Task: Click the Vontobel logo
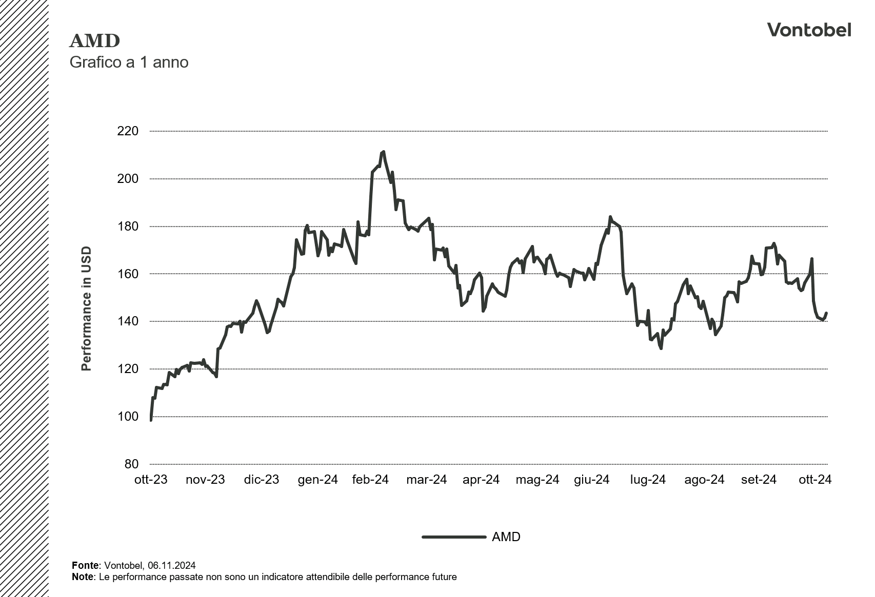point(809,30)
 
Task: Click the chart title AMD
point(94,40)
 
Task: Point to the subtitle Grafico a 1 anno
point(129,63)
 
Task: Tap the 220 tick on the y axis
point(128,131)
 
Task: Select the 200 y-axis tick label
point(128,179)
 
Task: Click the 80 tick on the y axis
point(131,464)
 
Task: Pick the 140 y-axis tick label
point(128,321)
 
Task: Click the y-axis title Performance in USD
point(86,308)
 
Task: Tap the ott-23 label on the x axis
point(151,480)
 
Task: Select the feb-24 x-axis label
point(370,480)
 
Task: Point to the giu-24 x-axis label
point(591,480)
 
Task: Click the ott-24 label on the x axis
point(814,480)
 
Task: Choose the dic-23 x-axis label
point(261,480)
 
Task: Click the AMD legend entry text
point(506,537)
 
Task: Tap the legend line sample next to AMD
point(453,537)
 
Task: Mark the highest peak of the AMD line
point(383,152)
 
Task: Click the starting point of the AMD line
point(151,420)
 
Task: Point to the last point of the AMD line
point(826,313)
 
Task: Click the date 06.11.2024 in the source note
point(171,566)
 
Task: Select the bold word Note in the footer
point(83,577)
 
